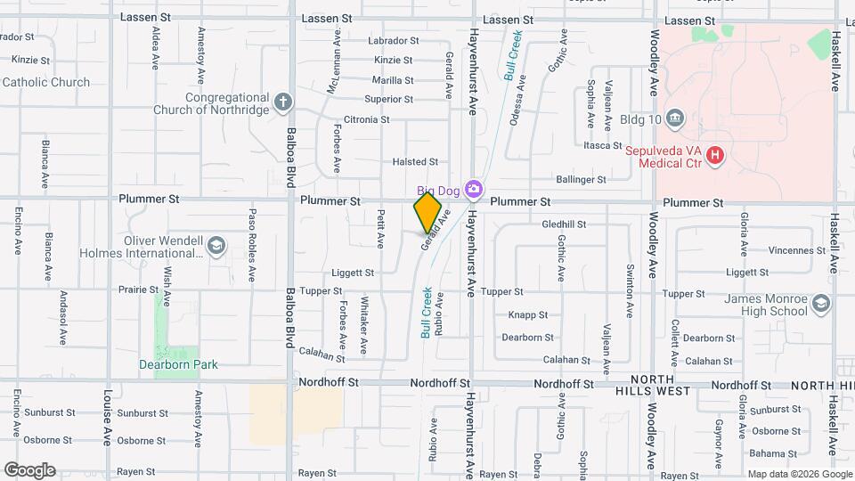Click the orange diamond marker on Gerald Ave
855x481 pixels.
tap(427, 213)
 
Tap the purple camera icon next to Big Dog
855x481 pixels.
tap(474, 188)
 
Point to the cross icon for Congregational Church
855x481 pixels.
tap(283, 102)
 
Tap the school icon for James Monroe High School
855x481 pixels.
tap(820, 305)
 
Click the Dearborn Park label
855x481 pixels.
tap(178, 364)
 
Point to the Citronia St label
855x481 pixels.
tap(366, 119)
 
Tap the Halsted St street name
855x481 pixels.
tap(415, 162)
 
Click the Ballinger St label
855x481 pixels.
tap(574, 180)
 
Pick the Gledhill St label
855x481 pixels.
tap(564, 224)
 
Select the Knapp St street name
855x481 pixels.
tap(527, 315)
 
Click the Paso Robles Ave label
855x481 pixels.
tap(253, 233)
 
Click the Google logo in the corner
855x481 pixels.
tap(29, 470)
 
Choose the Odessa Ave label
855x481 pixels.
tap(516, 104)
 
